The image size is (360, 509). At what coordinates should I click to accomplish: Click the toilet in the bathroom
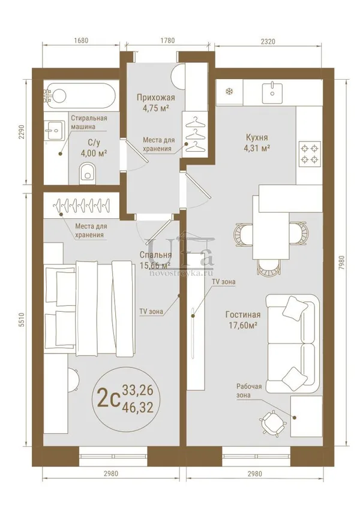(x=87, y=172)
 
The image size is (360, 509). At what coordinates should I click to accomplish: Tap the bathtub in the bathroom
(x=80, y=96)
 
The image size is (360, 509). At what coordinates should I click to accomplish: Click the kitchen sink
(x=272, y=91)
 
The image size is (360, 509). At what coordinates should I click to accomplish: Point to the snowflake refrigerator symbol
(x=229, y=92)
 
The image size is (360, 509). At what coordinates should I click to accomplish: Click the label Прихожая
(x=155, y=97)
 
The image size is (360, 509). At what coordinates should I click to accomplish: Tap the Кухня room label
(x=257, y=137)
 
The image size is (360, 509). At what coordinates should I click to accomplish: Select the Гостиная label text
(x=243, y=315)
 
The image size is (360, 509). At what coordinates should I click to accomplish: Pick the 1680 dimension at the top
(x=81, y=41)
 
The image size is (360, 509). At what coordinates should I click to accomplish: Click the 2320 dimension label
(x=268, y=41)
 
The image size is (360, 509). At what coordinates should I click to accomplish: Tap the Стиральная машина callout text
(x=89, y=122)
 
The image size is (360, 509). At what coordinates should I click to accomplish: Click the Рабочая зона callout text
(x=249, y=390)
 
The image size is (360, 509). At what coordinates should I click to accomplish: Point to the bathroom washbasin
(x=56, y=131)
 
